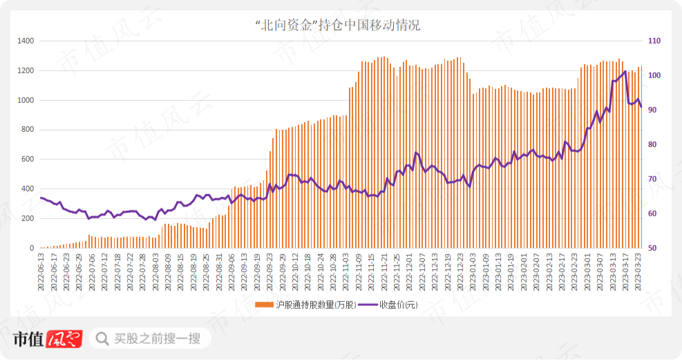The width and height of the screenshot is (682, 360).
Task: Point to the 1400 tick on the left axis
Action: pos(26,41)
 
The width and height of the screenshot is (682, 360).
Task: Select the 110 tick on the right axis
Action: pos(654,41)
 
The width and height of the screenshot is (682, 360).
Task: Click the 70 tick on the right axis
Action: pos(652,179)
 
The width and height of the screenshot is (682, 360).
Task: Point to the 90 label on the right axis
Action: pos(652,110)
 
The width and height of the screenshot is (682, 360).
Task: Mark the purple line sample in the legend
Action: pos(368,305)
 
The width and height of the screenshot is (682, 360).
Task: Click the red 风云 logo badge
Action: pos(64,339)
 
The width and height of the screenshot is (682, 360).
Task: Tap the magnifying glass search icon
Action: pos(102,339)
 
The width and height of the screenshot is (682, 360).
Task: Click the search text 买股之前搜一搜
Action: pos(157,339)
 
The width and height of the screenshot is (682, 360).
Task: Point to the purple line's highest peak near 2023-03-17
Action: pos(625,71)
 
